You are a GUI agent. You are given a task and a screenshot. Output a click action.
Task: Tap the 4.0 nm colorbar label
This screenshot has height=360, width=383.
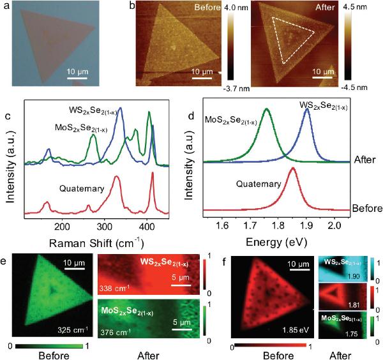tap(243, 8)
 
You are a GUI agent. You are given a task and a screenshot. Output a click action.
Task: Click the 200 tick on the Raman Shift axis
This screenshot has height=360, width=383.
tap(62, 226)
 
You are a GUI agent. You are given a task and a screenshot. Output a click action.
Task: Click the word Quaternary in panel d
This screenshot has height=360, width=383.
tap(260, 184)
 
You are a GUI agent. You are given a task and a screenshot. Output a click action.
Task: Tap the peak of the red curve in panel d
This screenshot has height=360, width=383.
tap(292, 168)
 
